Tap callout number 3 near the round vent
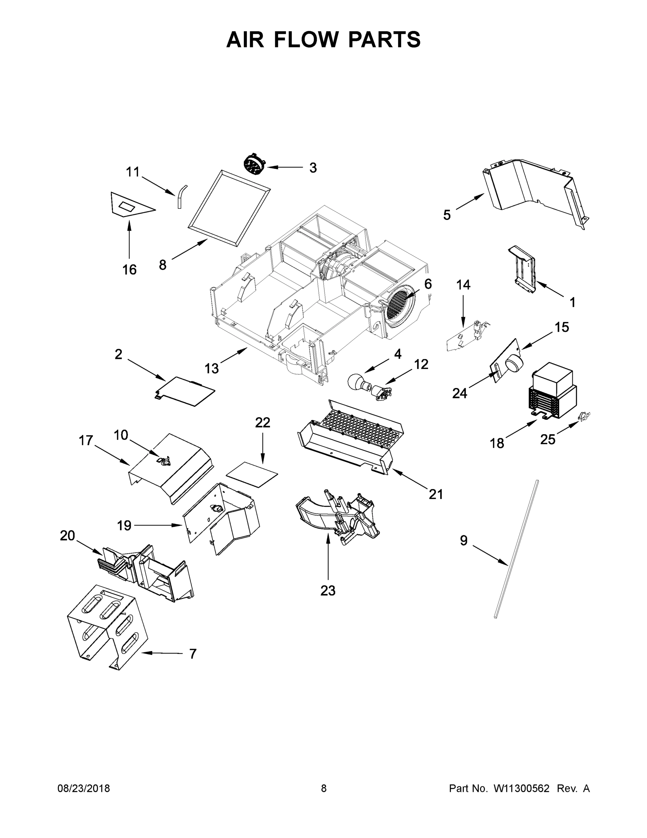click(313, 168)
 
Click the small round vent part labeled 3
click(254, 164)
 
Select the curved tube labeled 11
click(181, 195)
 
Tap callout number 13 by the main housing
click(211, 368)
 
